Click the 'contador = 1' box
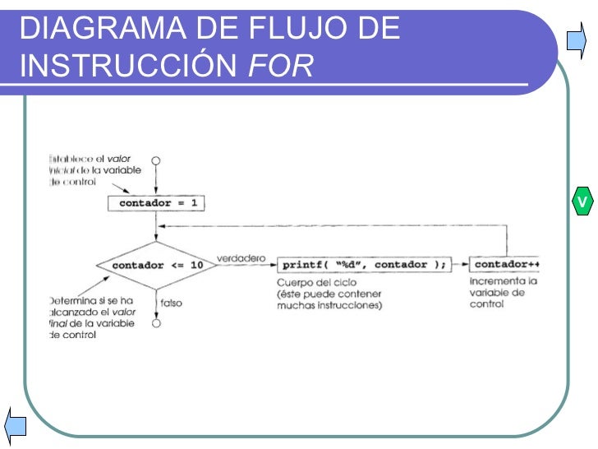pyautogui.click(x=155, y=202)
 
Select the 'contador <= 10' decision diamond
pyautogui.click(x=155, y=266)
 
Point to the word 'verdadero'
pyautogui.click(x=241, y=258)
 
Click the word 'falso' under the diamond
pyautogui.click(x=172, y=303)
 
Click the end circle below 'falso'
pyautogui.click(x=156, y=323)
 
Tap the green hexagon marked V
pyautogui.click(x=582, y=201)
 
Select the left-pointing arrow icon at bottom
pyautogui.click(x=16, y=424)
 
